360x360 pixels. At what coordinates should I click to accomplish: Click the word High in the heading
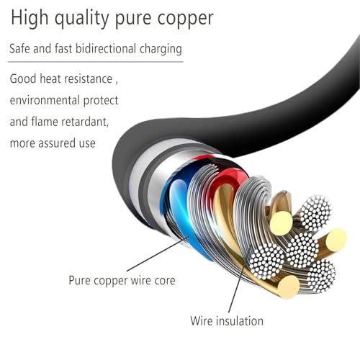coord(30,19)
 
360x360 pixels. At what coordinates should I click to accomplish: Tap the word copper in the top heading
coord(185,19)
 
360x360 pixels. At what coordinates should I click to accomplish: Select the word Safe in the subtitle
coord(19,48)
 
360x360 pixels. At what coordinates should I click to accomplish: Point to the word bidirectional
coord(106,48)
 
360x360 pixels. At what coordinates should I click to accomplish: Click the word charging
coord(161,50)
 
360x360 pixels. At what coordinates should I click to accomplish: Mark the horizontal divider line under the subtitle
coord(96,62)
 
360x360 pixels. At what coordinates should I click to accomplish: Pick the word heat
coord(50,78)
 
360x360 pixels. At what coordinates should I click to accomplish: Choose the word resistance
coord(89,79)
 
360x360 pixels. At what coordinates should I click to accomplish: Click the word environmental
coord(45,100)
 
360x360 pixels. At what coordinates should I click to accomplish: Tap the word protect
coord(101,101)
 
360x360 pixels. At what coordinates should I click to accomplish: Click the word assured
coord(57,143)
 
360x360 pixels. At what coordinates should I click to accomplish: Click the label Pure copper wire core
coord(122,281)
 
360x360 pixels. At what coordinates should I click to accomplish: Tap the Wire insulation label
coord(227,321)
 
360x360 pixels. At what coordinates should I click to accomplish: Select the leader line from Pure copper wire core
coord(158,254)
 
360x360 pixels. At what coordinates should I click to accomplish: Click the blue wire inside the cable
coord(182,211)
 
